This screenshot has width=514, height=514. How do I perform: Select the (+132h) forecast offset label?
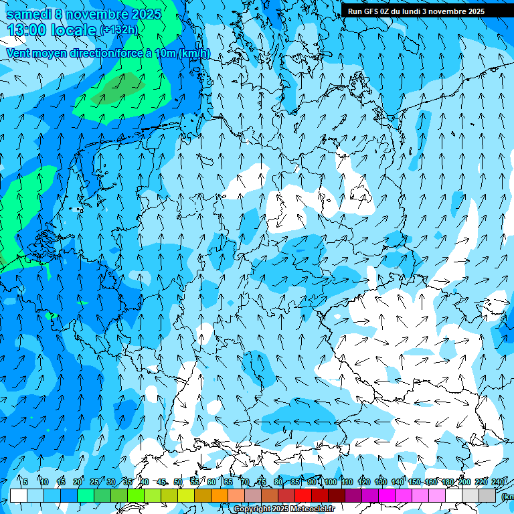coord(118,30)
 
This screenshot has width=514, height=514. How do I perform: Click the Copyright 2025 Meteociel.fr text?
coord(284,509)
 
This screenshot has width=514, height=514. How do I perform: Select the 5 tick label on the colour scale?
coord(25,482)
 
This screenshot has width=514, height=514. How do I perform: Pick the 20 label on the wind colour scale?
coord(78,482)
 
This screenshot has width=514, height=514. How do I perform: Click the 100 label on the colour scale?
coord(330,482)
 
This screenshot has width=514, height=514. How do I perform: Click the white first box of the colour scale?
coord(19,495)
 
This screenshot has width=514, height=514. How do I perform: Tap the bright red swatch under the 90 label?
coord(303,495)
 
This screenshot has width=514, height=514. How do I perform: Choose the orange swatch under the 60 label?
coord(203,495)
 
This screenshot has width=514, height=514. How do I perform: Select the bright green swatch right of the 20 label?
coord(86,495)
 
